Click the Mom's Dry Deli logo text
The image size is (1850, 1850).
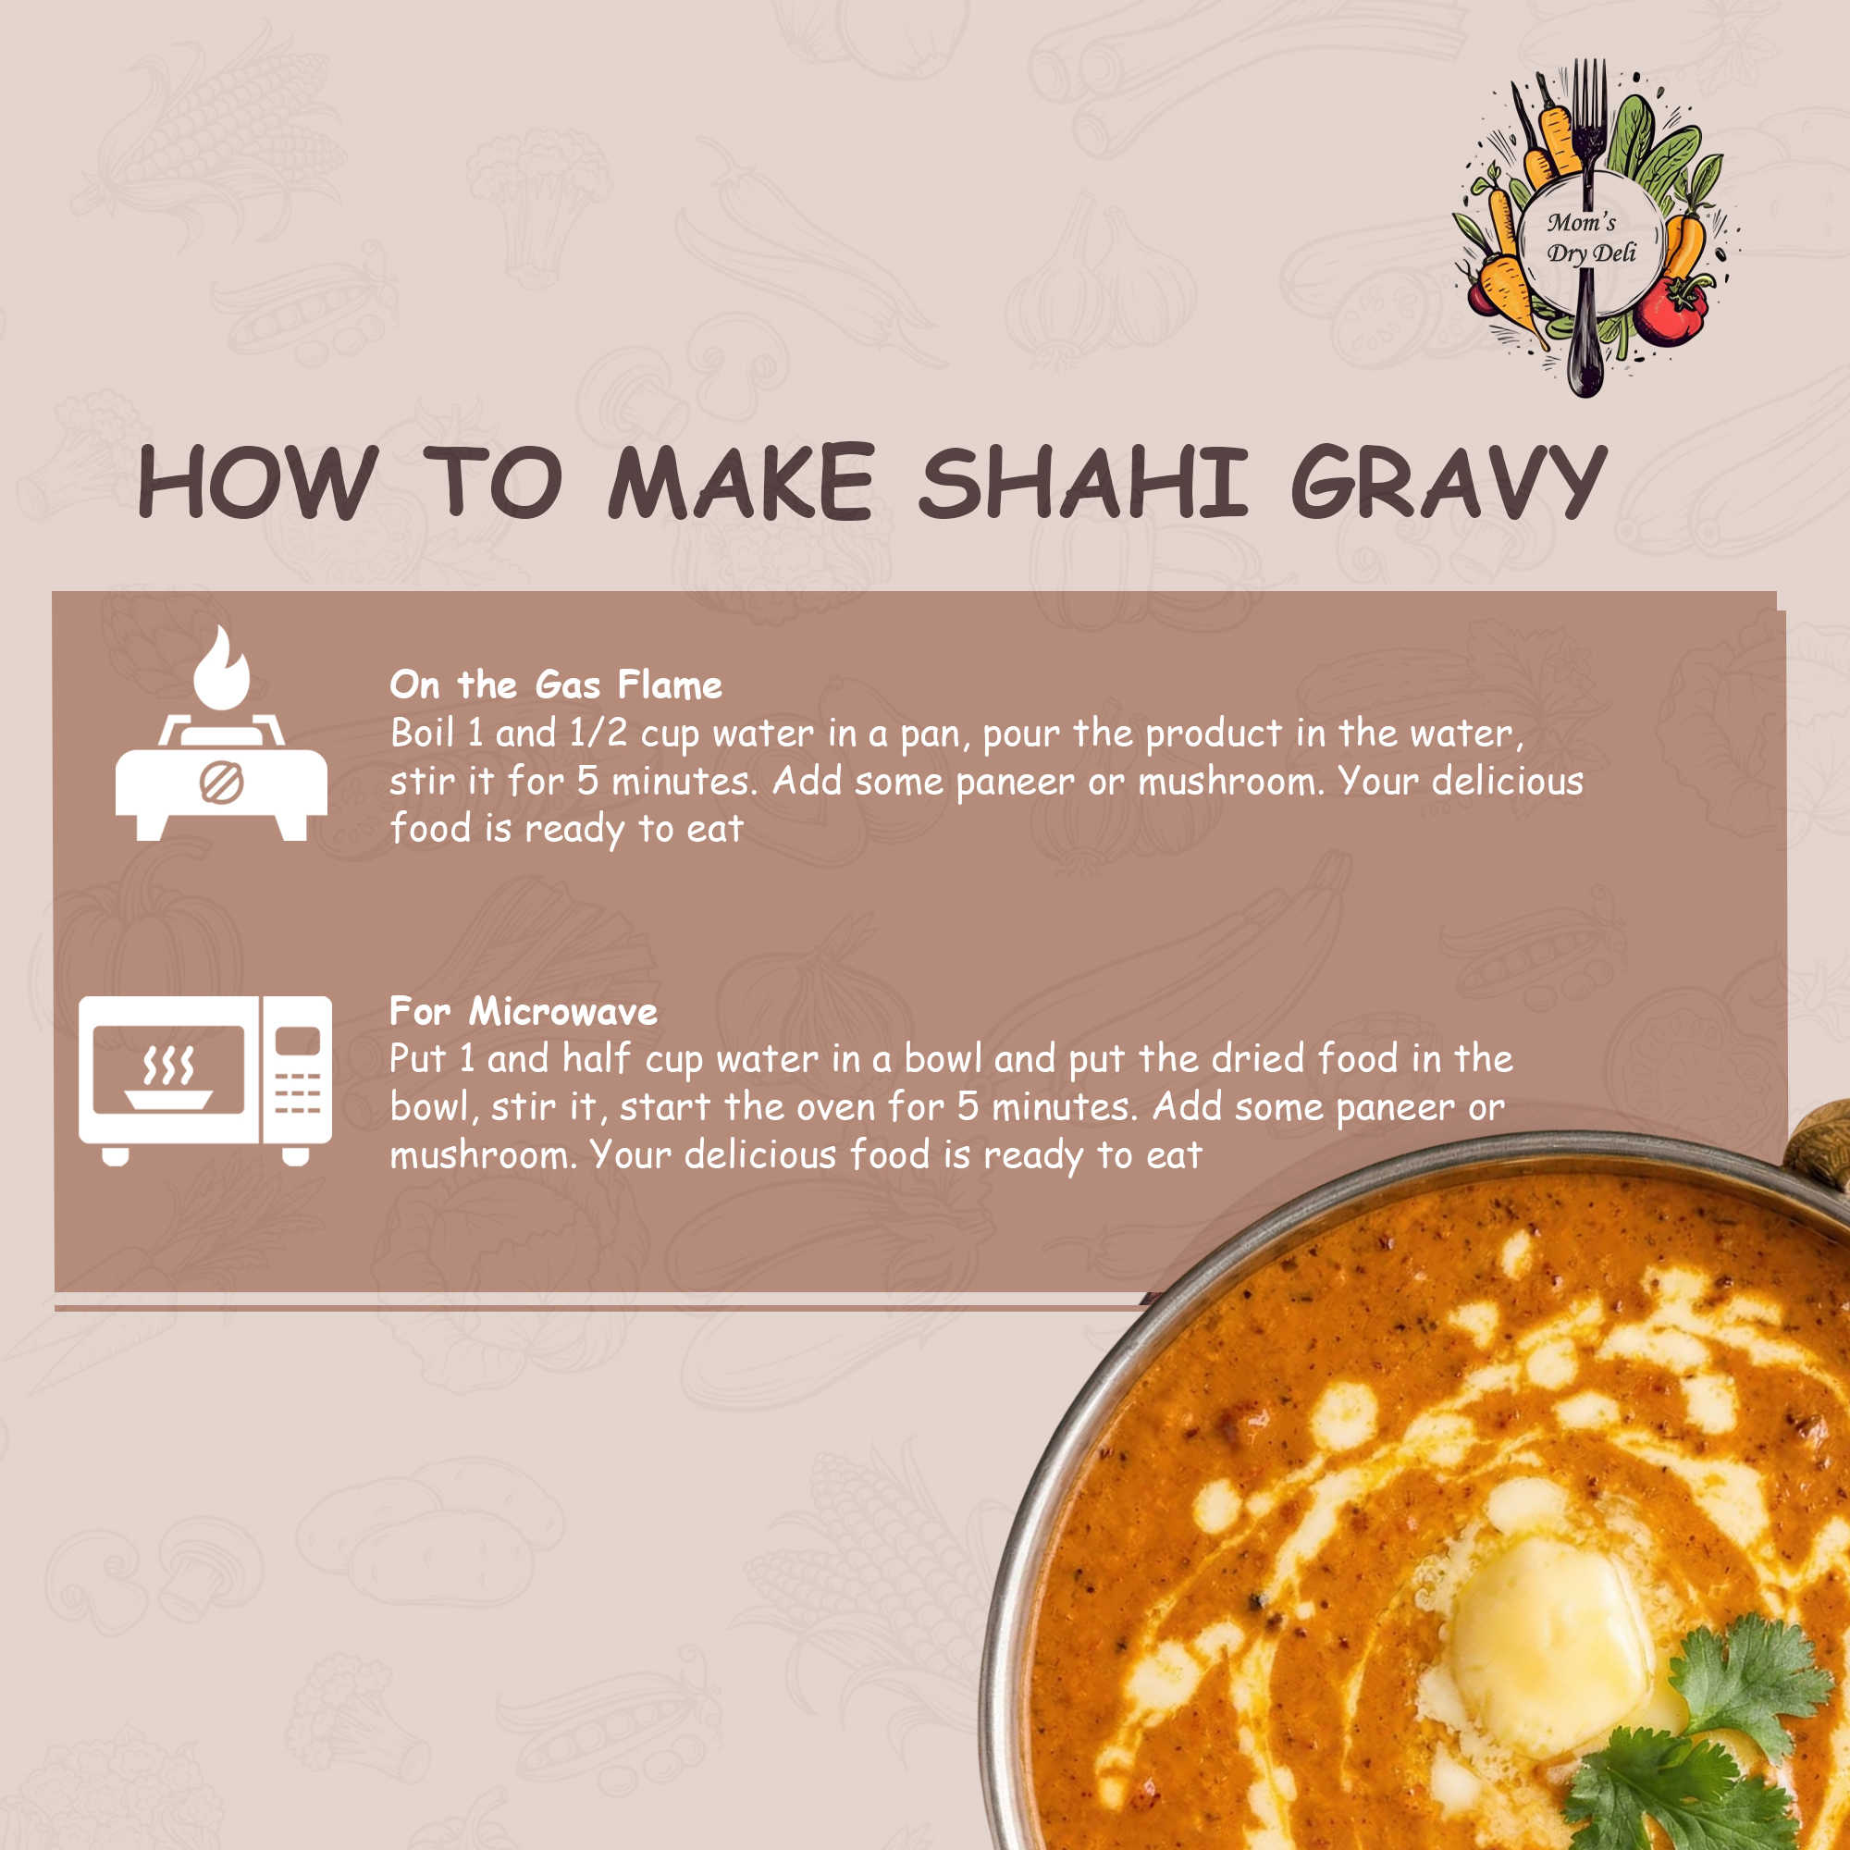click(x=1590, y=238)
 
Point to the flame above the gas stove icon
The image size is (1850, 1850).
click(x=221, y=669)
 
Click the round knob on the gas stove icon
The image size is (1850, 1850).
click(x=221, y=783)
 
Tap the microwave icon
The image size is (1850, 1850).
click(x=205, y=1080)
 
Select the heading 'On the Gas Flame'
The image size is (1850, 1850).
click(x=555, y=684)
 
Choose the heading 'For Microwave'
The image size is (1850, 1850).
click(x=524, y=1011)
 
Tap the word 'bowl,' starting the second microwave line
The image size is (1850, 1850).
click(x=435, y=1107)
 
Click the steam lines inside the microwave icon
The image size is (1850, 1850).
click(x=168, y=1064)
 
